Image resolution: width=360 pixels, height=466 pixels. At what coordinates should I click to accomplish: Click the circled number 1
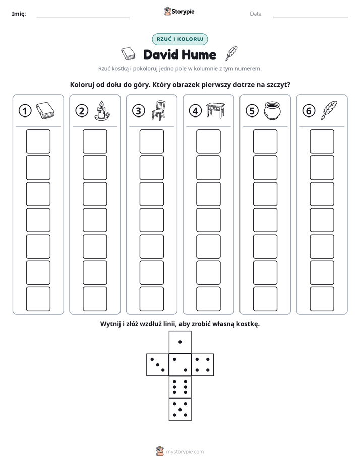tap(25, 111)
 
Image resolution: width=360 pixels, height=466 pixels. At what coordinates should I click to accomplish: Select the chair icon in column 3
tap(159, 110)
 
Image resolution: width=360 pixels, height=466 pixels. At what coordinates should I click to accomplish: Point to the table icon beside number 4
tap(215, 110)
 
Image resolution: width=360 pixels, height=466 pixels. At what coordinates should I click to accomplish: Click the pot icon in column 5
tap(272, 110)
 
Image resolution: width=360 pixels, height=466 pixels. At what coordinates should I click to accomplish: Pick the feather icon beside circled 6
tap(329, 110)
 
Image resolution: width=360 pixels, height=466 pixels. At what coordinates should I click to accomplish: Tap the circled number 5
tap(252, 111)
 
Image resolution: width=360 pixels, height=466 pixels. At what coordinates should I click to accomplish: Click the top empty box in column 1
tap(38, 141)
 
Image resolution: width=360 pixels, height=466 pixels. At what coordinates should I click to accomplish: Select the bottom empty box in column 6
tap(322, 299)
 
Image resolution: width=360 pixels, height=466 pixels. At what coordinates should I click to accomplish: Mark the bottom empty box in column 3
tap(151, 299)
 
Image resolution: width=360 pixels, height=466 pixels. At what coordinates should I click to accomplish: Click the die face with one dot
tap(180, 342)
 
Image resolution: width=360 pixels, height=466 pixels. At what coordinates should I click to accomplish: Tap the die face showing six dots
tap(180, 387)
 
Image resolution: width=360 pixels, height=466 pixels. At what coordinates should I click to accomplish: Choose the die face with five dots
tap(180, 409)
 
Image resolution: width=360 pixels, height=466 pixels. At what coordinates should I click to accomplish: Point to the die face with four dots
tap(202, 364)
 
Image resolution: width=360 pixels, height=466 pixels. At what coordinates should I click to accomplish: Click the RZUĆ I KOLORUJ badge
tap(180, 39)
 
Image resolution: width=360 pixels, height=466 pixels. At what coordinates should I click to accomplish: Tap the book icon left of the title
tap(128, 54)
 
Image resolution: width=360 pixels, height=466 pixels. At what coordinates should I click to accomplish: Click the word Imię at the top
tap(19, 14)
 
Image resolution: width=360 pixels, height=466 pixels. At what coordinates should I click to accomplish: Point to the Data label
tap(256, 14)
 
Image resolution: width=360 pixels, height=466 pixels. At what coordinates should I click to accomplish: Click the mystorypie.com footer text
tap(185, 452)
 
